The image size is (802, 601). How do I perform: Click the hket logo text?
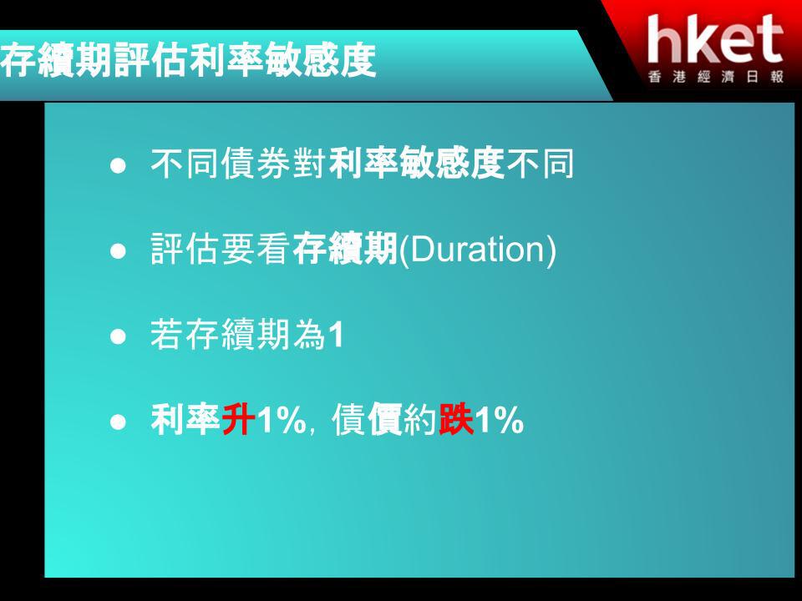click(x=715, y=39)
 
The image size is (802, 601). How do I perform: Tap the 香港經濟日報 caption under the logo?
click(x=716, y=77)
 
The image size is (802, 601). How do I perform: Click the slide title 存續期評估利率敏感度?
click(x=188, y=61)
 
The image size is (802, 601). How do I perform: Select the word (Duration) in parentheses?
click(x=477, y=250)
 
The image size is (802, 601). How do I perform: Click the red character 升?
click(x=238, y=420)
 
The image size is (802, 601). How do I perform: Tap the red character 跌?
click(x=456, y=420)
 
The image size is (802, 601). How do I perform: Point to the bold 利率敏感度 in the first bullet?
click(x=417, y=164)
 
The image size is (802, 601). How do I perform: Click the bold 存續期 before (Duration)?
click(x=345, y=250)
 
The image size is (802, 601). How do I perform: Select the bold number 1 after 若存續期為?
click(x=336, y=336)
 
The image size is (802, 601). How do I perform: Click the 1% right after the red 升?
click(x=281, y=421)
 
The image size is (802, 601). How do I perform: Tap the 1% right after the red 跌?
click(x=499, y=421)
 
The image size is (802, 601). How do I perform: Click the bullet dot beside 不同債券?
click(x=118, y=165)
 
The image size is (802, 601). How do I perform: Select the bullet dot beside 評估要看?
click(x=118, y=251)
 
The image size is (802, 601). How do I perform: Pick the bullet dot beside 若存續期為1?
click(x=118, y=337)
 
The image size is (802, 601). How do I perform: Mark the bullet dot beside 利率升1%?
click(x=118, y=422)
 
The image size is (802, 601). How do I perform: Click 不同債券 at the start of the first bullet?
click(x=221, y=164)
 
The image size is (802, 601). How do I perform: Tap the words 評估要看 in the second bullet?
click(x=221, y=250)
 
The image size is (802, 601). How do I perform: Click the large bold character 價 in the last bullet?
click(x=385, y=420)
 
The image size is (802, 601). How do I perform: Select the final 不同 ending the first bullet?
click(x=540, y=164)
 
